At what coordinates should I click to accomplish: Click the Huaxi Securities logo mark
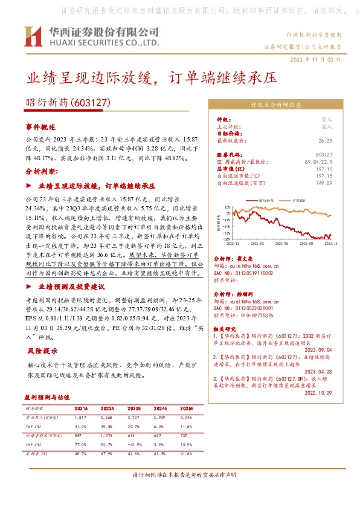click(33, 36)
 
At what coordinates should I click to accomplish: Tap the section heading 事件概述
click(40, 127)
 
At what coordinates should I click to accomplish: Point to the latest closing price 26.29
click(326, 140)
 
